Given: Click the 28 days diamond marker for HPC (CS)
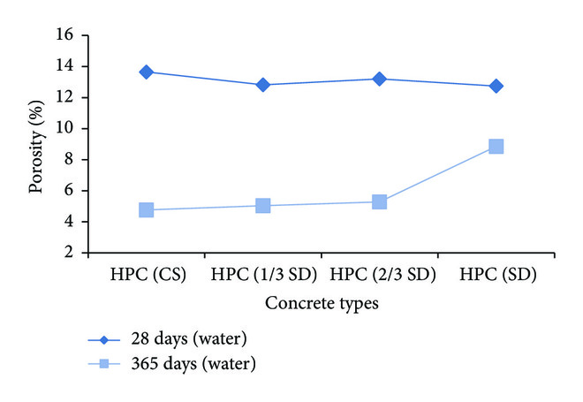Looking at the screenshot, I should [x=147, y=72].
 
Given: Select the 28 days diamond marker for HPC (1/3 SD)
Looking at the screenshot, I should [x=262, y=85].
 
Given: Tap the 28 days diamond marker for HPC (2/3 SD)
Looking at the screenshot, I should [x=379, y=79].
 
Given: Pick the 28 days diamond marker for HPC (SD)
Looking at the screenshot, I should [x=496, y=86].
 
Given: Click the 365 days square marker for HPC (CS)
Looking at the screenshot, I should [x=147, y=210].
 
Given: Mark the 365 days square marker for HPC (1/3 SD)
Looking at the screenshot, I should [x=262, y=206].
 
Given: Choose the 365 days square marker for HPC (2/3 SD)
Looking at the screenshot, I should [x=379, y=201].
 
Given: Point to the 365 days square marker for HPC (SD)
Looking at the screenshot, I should [x=496, y=147].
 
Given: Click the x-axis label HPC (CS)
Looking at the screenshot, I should [x=147, y=274].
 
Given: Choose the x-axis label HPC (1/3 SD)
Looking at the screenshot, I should [x=262, y=274].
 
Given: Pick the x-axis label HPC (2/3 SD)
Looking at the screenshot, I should [x=379, y=274].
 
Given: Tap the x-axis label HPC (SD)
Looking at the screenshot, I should [x=496, y=274].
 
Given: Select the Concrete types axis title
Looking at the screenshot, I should [x=321, y=303].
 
